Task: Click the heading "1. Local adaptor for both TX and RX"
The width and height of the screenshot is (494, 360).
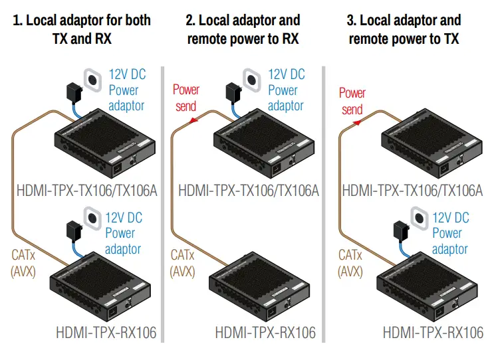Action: pos(82,29)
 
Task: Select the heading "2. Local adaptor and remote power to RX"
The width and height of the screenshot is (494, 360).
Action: pos(243,29)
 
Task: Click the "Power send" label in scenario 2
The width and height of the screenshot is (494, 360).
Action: pos(186,97)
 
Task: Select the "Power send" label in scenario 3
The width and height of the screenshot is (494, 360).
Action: pos(352,101)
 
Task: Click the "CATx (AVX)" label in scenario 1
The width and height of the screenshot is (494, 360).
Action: pos(25,262)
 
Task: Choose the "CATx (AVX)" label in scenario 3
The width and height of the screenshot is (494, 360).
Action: pos(350,262)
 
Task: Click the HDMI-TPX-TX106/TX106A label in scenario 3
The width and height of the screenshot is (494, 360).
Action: pos(412,191)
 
